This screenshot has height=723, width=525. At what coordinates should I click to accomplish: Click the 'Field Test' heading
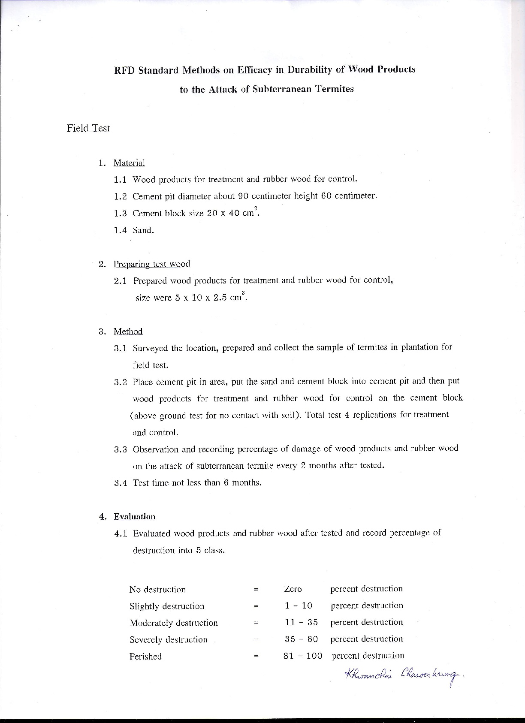pos(88,128)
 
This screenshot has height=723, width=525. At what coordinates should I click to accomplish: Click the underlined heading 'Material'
pos(129,163)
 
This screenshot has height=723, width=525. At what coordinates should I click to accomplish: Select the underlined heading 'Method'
pos(128,331)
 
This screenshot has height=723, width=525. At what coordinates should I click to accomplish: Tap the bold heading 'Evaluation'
pos(134,517)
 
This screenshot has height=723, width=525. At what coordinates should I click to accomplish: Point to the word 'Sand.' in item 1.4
pos(143,230)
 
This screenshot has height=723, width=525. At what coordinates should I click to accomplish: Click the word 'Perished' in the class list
pos(145,657)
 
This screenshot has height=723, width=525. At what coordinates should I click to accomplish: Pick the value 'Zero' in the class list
pos(293,589)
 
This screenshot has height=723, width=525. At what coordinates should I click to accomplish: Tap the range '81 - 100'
pos(303,656)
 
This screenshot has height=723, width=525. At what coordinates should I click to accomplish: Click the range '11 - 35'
pos(301,622)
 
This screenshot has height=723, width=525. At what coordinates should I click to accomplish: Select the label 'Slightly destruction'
pos(167,606)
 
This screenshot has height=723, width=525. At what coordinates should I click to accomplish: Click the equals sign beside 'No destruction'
pos(256,590)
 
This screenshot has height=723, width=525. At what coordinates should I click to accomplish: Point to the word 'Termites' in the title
pos(335,89)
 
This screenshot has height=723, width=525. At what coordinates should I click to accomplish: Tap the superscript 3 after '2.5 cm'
pos(243,292)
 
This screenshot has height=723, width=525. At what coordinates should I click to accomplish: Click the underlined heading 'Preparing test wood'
pos(151,264)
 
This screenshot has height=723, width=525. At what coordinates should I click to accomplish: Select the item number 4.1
pos(121,534)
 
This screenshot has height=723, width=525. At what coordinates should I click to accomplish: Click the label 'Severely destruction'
pos(168,640)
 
